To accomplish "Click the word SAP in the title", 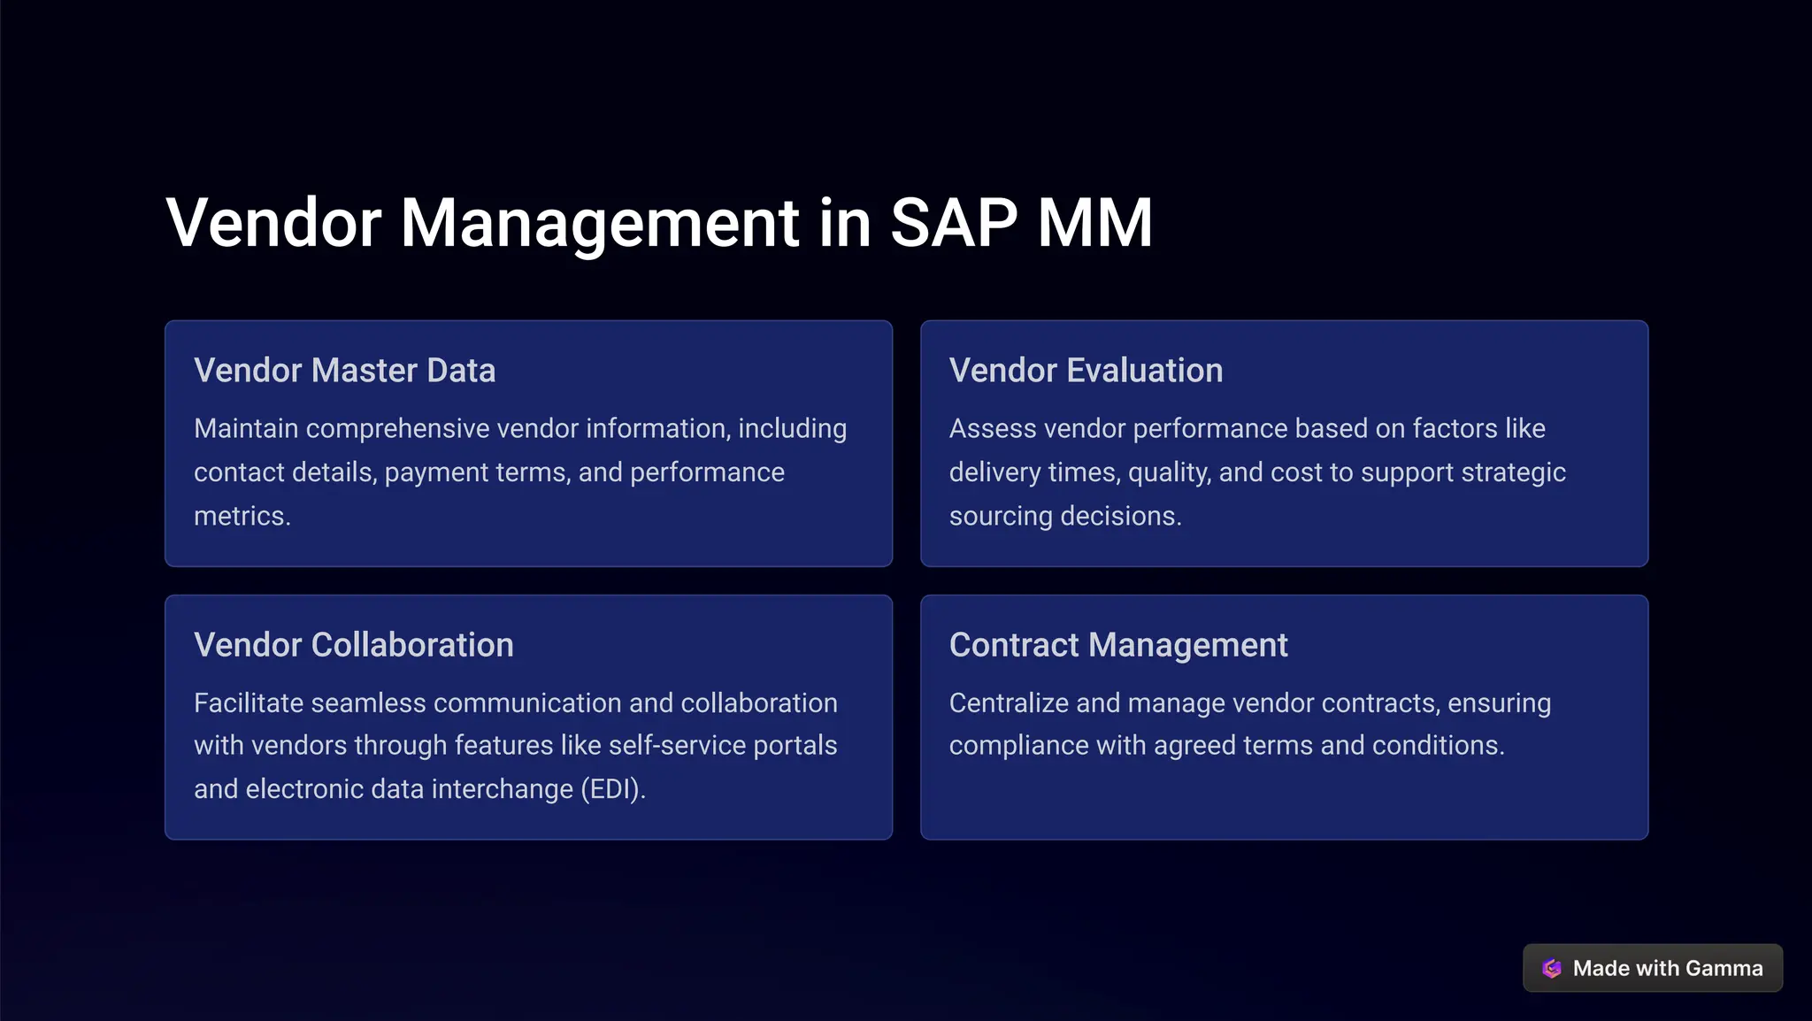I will tap(953, 223).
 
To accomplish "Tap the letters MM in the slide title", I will tap(1094, 223).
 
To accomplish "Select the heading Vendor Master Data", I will tap(344, 371).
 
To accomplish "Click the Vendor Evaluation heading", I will tap(1086, 371).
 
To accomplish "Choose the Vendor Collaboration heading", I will tap(353, 645).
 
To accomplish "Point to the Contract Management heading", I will tap(1117, 645).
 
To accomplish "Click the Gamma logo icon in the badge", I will tap(1552, 968).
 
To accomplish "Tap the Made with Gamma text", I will tap(1667, 968).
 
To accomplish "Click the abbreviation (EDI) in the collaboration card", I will tap(612, 789).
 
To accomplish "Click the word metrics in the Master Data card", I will tap(241, 516).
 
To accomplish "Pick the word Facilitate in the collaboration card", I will tap(249, 703).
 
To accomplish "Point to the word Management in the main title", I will tap(600, 223).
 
